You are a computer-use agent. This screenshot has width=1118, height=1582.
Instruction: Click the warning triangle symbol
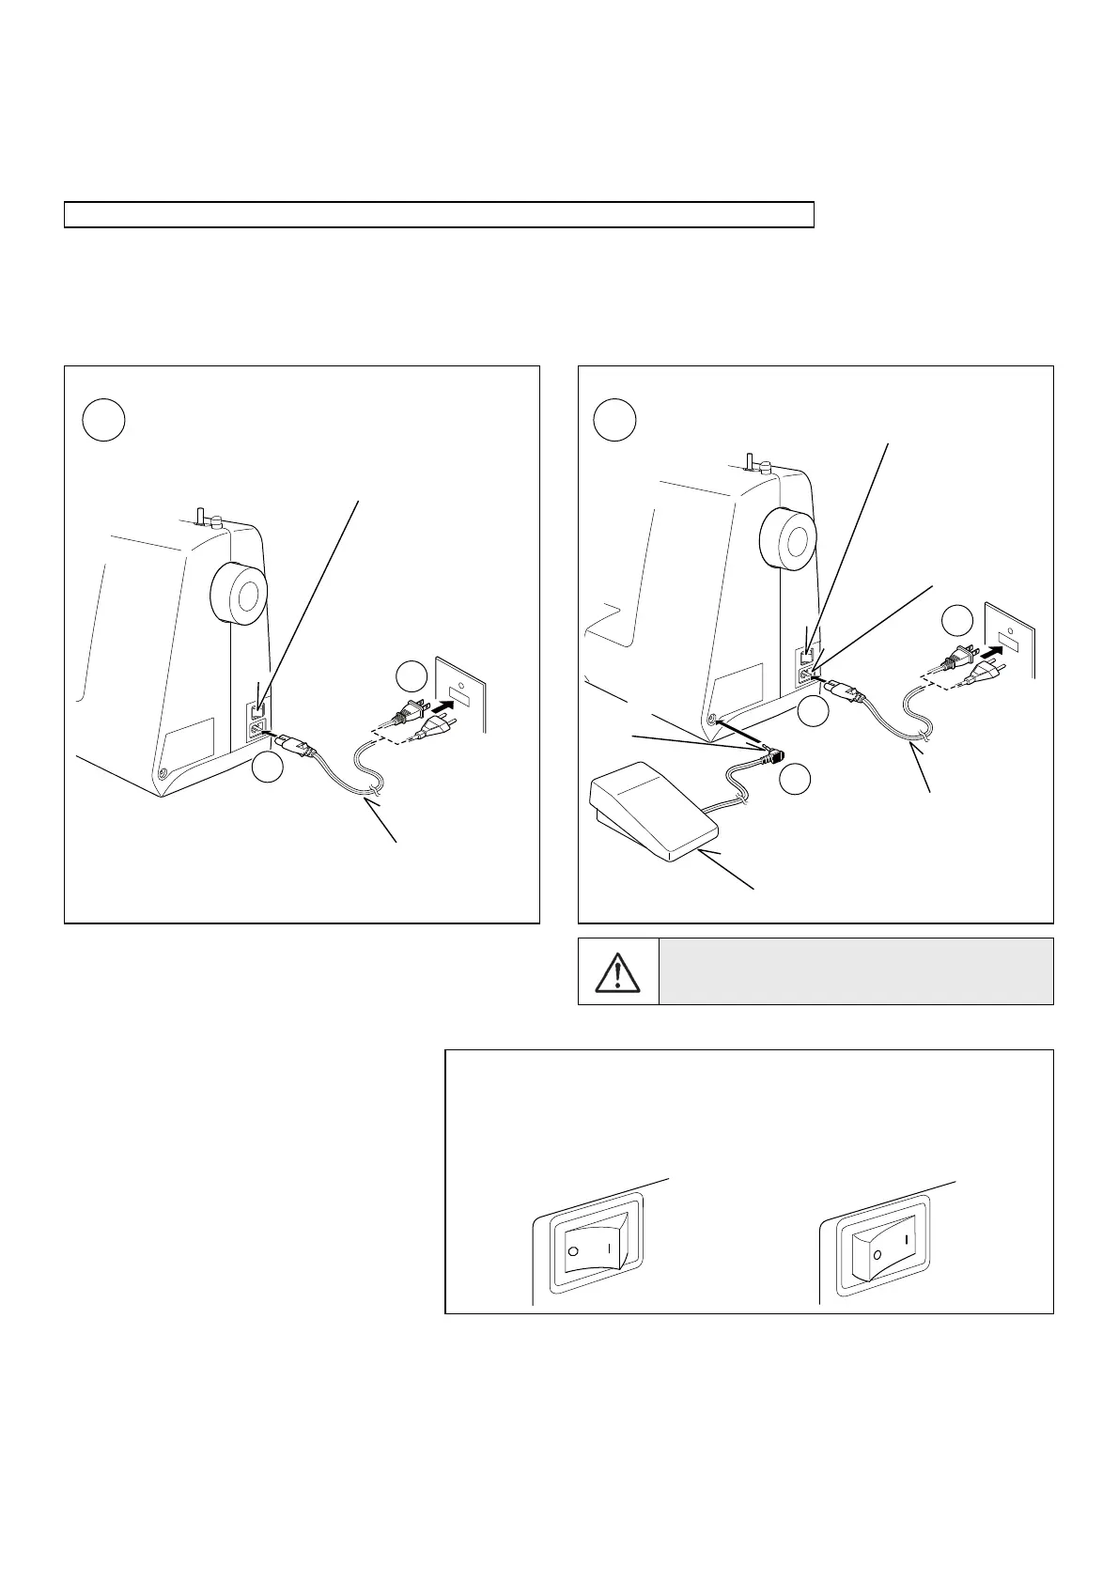(617, 972)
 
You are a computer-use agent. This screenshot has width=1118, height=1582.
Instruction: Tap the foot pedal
(654, 812)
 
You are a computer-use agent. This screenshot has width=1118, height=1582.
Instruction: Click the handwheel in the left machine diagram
(239, 593)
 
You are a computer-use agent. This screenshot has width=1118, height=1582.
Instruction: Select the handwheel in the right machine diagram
(787, 539)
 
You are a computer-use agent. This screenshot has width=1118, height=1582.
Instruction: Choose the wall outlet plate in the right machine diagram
(1010, 640)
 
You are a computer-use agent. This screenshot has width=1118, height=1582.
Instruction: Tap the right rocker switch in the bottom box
(879, 1249)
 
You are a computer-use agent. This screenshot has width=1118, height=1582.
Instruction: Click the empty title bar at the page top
(439, 215)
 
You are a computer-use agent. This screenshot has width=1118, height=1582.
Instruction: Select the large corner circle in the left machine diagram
(104, 420)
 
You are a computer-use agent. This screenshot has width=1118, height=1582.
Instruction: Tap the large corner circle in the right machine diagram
(614, 420)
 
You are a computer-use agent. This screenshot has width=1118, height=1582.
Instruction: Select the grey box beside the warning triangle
(856, 971)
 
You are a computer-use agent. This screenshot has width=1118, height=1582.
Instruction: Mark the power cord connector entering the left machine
(291, 744)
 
